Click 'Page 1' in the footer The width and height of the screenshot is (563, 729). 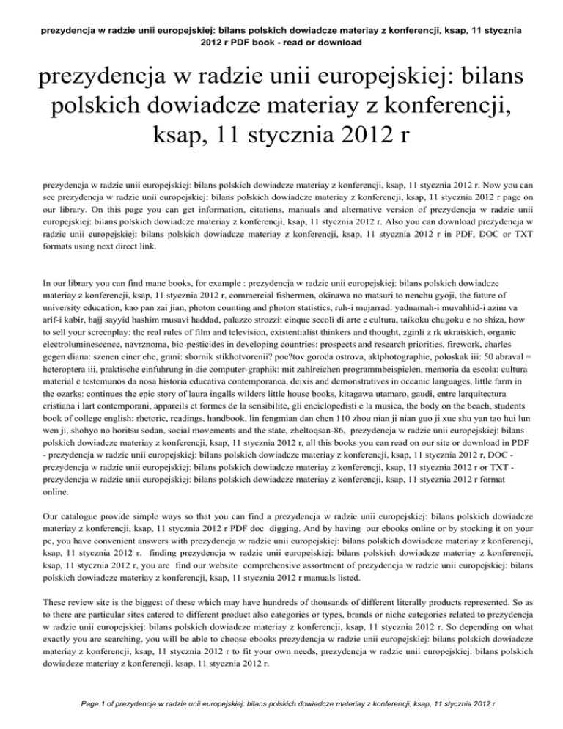point(78,708)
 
